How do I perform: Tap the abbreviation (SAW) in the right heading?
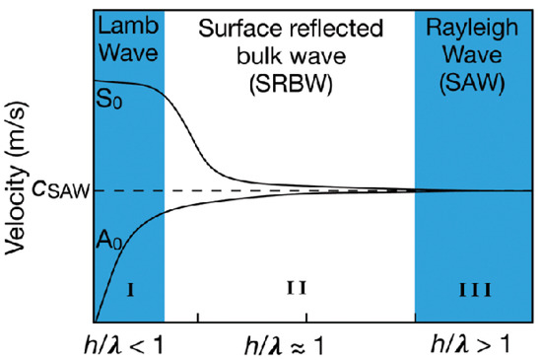click(475, 72)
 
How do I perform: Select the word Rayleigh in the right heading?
click(475, 26)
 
